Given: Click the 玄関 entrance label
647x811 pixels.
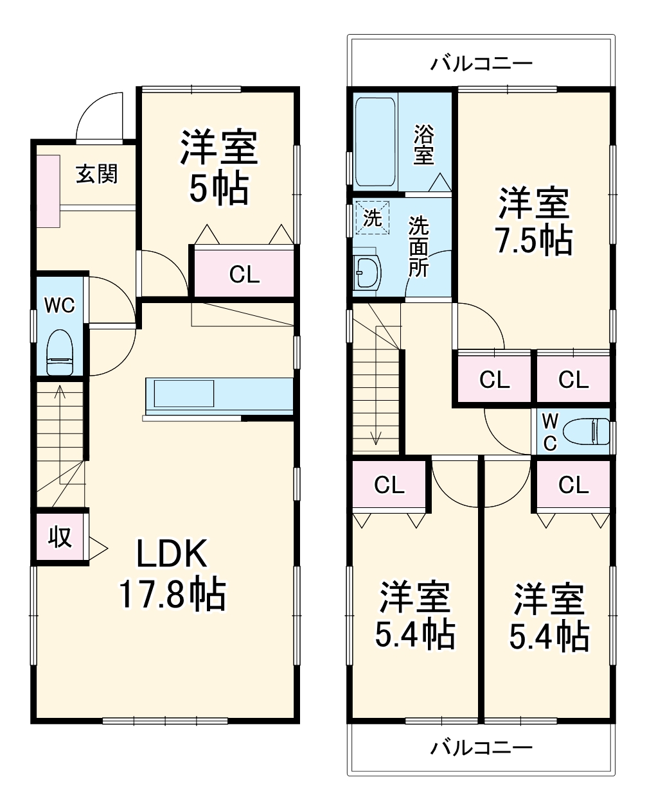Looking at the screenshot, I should click(x=97, y=173).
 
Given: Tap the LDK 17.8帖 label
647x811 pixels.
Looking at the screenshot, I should click(x=172, y=573).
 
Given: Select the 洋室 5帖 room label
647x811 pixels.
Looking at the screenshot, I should click(x=218, y=167).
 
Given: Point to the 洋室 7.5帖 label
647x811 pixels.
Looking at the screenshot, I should click(x=533, y=222).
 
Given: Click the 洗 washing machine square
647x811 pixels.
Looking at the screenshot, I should click(x=373, y=218).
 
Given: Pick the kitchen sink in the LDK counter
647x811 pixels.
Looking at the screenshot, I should click(x=182, y=393).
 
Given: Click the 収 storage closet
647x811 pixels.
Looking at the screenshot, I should click(x=60, y=536).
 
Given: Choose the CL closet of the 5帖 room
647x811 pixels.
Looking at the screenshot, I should click(x=244, y=274).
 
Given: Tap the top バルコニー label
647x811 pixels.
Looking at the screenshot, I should click(x=481, y=64).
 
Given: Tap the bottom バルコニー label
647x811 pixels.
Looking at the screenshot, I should click(x=481, y=747).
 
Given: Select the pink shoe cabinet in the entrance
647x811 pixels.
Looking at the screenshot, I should click(x=47, y=190).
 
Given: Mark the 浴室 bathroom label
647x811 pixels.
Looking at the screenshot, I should click(x=423, y=144).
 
